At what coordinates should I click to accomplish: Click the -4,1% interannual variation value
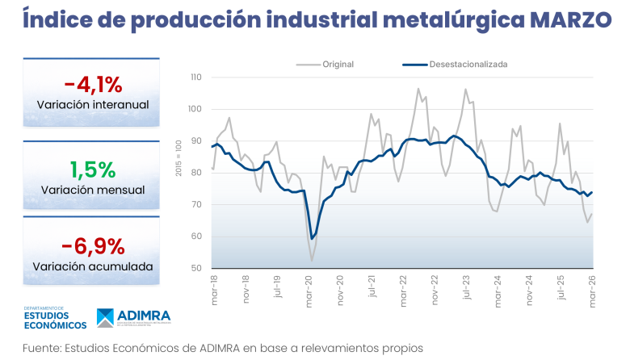[x=93, y=84]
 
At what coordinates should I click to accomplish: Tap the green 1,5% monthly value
[x=93, y=169]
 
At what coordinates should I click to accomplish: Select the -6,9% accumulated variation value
[x=93, y=245]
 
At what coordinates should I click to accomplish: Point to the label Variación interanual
[x=93, y=105]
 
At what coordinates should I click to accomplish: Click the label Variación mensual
[x=93, y=190]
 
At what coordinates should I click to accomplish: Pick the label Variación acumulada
[x=93, y=266]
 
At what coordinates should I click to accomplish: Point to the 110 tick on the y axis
[x=194, y=77]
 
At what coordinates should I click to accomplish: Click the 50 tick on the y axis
[x=195, y=268]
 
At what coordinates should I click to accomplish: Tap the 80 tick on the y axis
[x=195, y=173]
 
